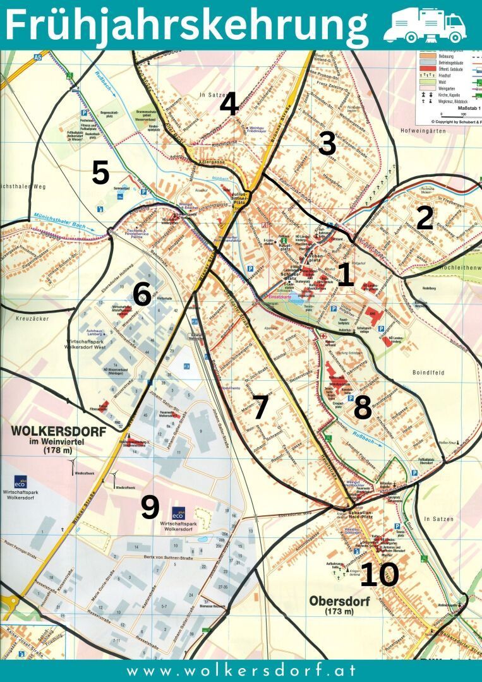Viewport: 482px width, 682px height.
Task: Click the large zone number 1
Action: click(x=345, y=275)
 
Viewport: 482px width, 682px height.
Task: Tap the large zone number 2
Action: click(x=425, y=218)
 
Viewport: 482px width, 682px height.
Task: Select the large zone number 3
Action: click(x=327, y=144)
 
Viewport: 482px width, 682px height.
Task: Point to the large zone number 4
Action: click(x=229, y=104)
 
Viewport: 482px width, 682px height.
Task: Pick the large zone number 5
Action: click(x=100, y=173)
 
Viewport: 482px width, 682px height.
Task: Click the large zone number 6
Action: click(x=142, y=295)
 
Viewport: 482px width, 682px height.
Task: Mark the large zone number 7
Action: click(x=260, y=407)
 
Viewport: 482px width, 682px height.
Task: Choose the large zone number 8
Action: click(x=362, y=409)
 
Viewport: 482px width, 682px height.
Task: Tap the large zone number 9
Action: click(x=150, y=508)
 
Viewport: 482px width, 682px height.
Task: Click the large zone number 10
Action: click(x=380, y=575)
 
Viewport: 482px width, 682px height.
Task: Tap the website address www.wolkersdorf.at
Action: click(x=241, y=671)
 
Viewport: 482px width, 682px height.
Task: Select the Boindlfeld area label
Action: click(x=431, y=355)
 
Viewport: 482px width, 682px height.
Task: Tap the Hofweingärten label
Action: click(x=423, y=131)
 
